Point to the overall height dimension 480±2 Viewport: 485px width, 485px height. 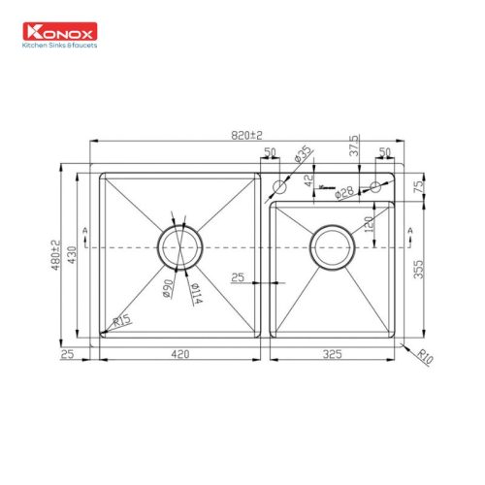click(x=56, y=254)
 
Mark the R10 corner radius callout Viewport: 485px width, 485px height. click(x=425, y=358)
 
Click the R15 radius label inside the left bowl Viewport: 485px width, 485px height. click(x=122, y=321)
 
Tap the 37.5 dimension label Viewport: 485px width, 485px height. click(x=355, y=145)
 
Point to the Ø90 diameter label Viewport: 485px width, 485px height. click(x=168, y=287)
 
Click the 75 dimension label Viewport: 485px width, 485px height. click(x=417, y=186)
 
